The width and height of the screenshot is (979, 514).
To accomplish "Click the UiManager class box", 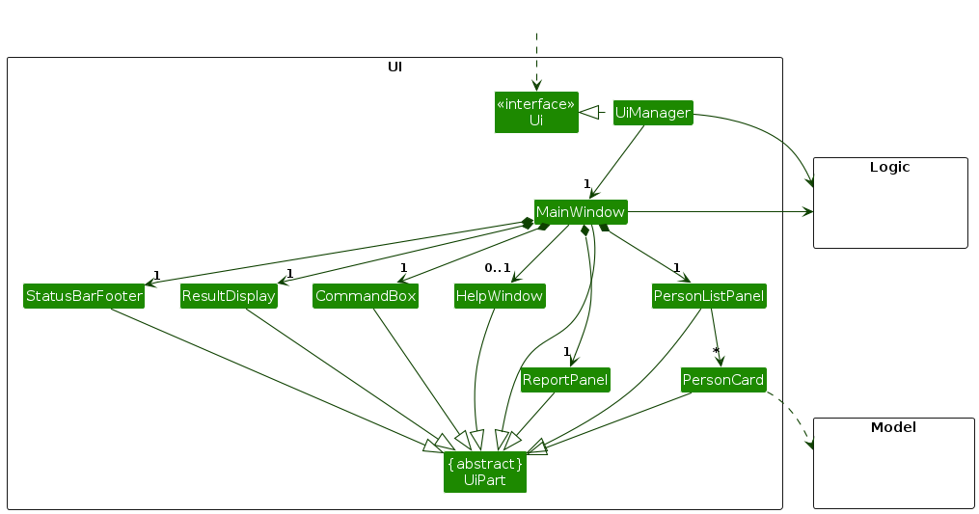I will coord(653,113).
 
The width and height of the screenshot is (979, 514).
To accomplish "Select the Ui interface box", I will coord(536,112).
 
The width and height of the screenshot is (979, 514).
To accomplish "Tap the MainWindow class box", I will coord(581,211).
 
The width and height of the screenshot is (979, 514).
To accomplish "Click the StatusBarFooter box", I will coord(84,296).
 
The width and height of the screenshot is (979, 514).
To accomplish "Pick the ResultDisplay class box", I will coord(229,296).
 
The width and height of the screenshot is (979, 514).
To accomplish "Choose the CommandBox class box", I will coord(365,296).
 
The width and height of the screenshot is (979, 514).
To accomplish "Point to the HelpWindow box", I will coord(500,296).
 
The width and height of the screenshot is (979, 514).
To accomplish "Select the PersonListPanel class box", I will coord(709,296).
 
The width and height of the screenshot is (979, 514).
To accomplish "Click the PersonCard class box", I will coord(723,380).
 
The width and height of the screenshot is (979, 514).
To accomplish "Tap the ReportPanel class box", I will coord(565,380).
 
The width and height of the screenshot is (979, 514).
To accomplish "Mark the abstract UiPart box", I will coord(485,473).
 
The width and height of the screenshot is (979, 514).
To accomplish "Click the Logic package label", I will coord(889,167).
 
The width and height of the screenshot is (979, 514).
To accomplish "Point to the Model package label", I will coord(893,427).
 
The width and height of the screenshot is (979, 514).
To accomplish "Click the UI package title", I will coord(394,67).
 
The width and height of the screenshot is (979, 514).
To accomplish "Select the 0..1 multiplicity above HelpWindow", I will coord(497,268).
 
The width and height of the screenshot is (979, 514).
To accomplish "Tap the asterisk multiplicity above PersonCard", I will coord(716,351).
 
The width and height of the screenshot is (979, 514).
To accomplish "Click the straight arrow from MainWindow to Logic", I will coord(719,211).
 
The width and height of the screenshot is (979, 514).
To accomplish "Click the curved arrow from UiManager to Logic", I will coord(772,130).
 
